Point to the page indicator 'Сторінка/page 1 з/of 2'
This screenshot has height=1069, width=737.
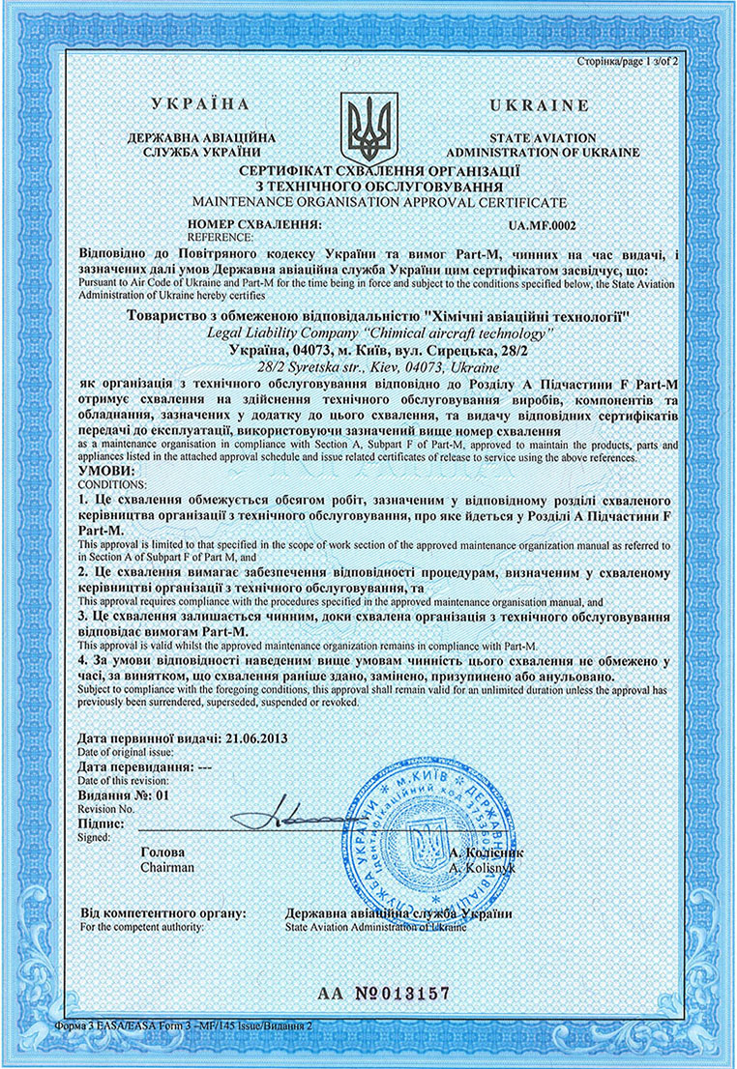point(631,60)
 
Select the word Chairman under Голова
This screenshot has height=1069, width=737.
point(167,868)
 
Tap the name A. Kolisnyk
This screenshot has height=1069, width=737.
point(486,868)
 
